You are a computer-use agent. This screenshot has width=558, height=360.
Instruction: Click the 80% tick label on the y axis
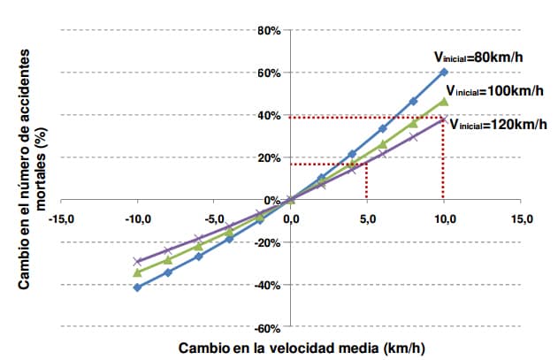(269, 31)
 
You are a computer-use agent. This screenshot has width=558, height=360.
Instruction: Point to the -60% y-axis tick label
(267, 328)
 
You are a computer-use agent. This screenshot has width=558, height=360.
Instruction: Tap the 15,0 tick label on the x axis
(521, 219)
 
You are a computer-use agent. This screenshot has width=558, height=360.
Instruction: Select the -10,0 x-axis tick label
(138, 219)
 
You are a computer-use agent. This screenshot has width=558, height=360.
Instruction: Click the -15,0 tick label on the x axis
(61, 219)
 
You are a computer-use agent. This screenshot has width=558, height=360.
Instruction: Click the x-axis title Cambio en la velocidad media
(302, 348)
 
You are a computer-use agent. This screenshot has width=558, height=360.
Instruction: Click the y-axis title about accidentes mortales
(32, 169)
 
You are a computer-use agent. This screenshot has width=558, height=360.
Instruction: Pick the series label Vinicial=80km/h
(478, 57)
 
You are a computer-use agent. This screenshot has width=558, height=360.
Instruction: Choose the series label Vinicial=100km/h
(494, 91)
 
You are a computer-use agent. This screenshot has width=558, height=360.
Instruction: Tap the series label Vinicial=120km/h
(498, 124)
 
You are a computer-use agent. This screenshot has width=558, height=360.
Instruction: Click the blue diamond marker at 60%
(444, 72)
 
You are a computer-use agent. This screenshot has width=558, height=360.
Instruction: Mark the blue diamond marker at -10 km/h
(137, 287)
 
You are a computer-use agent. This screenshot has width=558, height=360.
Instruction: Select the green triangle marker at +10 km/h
(444, 102)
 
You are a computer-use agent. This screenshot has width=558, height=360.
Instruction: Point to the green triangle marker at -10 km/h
(137, 272)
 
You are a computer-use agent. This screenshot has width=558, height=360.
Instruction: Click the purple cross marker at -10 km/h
(137, 261)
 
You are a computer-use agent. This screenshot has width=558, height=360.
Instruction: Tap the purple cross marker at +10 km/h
(444, 119)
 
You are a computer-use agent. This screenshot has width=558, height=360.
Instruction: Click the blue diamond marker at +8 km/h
(413, 102)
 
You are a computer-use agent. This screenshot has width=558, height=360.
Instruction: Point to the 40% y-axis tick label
(269, 116)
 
